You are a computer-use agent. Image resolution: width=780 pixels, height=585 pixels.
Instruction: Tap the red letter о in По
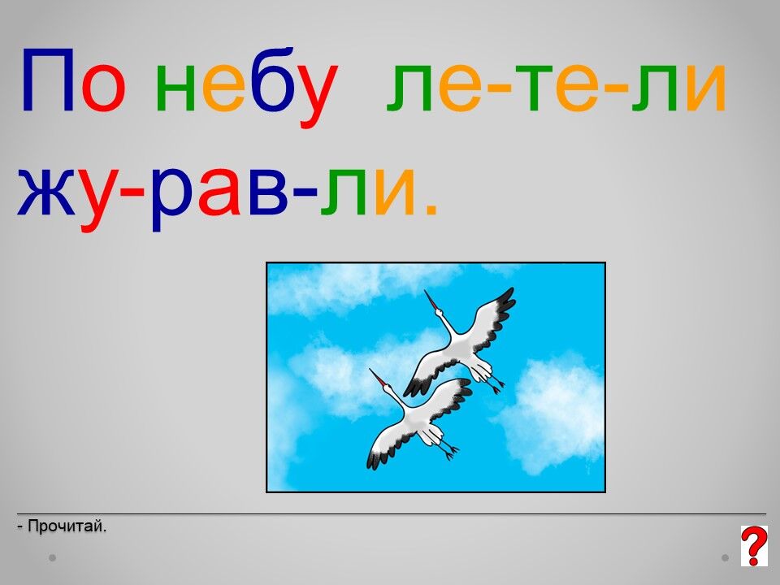[103, 88]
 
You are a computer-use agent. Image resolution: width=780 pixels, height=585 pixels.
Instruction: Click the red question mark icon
[754, 546]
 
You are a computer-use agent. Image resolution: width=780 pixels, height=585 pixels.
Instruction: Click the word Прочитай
[67, 526]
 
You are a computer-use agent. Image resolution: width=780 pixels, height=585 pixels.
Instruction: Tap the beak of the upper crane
[431, 300]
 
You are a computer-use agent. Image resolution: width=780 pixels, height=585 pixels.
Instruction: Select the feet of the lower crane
[449, 449]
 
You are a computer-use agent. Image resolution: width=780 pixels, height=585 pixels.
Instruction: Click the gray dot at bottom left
[52, 557]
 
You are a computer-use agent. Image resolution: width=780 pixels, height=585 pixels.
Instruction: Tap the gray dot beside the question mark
[726, 557]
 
